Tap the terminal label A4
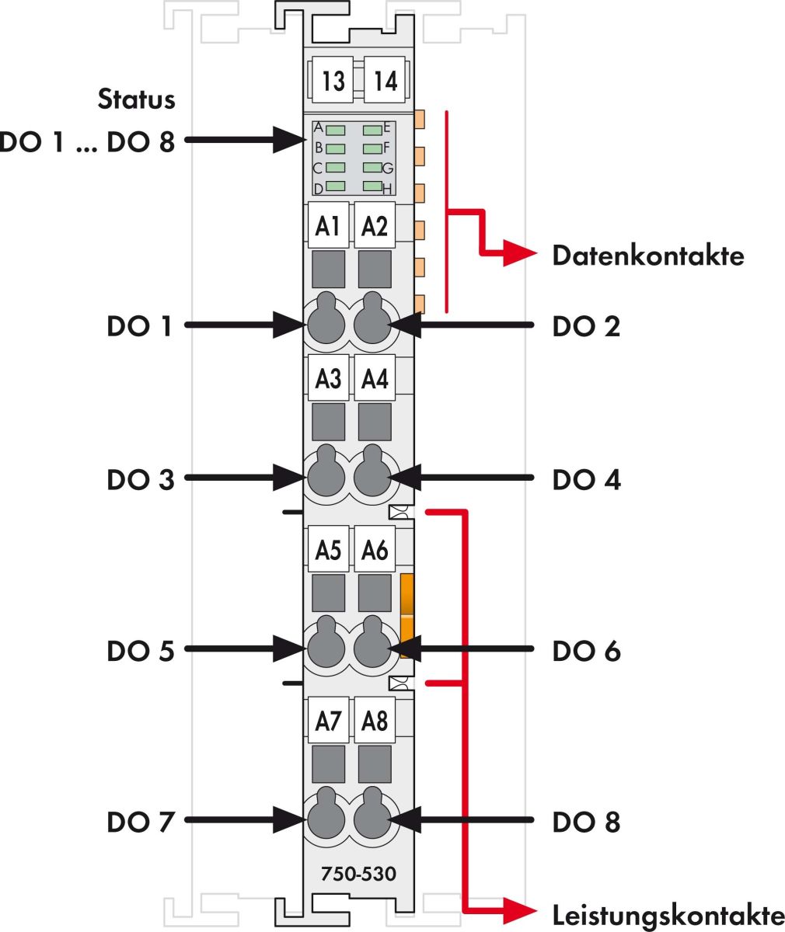(x=375, y=379)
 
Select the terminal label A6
(x=375, y=550)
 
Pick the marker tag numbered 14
(x=385, y=80)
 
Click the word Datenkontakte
(x=648, y=256)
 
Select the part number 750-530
(x=358, y=875)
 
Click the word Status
(x=137, y=99)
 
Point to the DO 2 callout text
(x=586, y=327)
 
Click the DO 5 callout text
(x=141, y=651)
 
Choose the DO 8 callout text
(x=586, y=822)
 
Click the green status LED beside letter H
(x=372, y=186)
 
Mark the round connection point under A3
(x=326, y=478)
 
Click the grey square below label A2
(x=375, y=269)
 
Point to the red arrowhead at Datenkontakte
(x=519, y=252)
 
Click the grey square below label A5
(x=328, y=593)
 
